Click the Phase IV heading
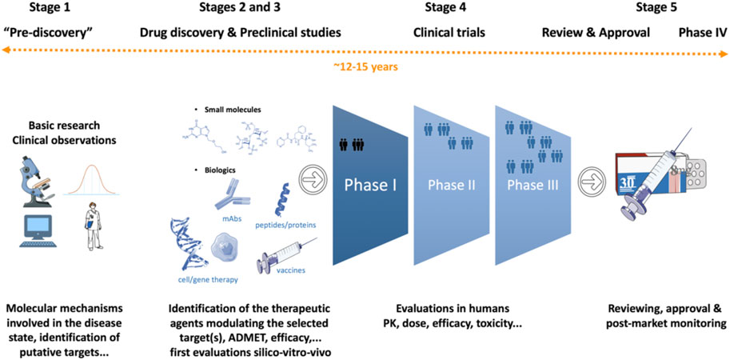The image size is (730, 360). [x=703, y=33]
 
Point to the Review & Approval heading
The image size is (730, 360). [x=596, y=33]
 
